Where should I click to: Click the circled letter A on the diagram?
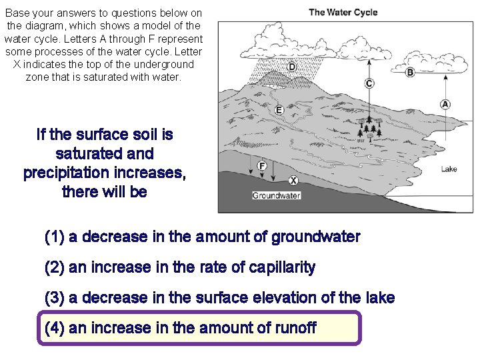(445, 104)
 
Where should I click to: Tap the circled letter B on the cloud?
(410, 72)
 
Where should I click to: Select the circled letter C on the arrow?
(369, 83)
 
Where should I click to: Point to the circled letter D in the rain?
(292, 67)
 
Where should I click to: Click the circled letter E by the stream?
(279, 109)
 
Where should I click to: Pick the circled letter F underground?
(262, 165)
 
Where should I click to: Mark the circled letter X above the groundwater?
(293, 180)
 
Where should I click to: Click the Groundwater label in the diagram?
(276, 196)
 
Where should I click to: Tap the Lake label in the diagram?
(449, 169)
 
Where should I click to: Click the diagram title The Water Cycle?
(343, 13)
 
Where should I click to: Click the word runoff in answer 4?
(294, 328)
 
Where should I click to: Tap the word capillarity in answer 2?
(282, 267)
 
